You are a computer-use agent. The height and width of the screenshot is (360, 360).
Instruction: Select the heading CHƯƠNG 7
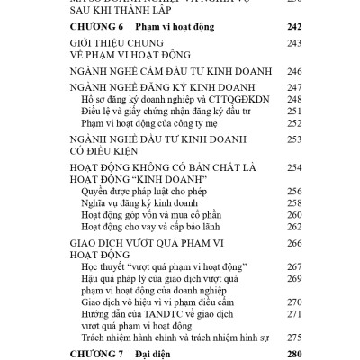(98, 354)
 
